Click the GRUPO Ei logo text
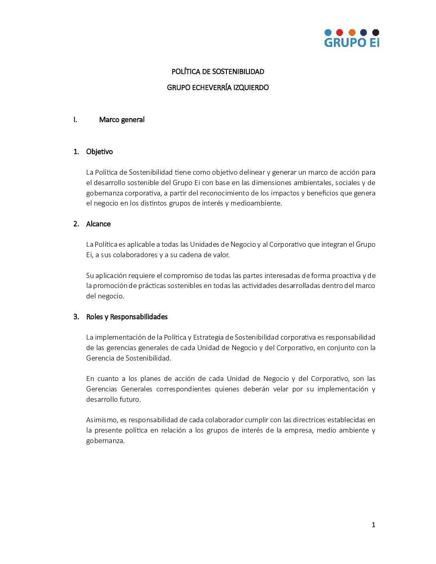point(351,42)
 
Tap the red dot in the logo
point(339,32)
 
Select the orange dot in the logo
point(352,32)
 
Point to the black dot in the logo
point(375,32)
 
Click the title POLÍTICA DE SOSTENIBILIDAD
point(218,72)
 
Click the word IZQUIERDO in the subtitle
point(251,88)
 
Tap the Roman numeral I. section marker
point(75,120)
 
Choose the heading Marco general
point(122,120)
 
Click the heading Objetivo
point(99,152)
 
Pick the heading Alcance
point(98,224)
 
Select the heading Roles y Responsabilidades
point(127,317)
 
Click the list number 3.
point(76,317)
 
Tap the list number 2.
point(76,224)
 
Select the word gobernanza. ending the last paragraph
point(105,441)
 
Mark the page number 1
point(373,525)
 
